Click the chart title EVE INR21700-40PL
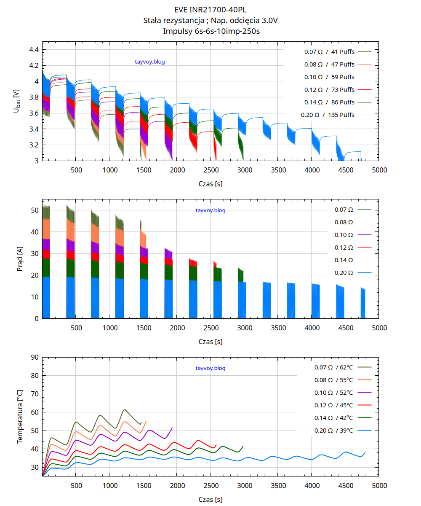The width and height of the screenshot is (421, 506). (210, 9)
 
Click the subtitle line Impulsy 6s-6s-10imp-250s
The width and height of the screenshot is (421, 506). (210, 31)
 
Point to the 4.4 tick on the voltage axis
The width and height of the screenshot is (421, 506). (34, 50)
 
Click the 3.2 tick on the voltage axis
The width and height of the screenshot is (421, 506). (34, 145)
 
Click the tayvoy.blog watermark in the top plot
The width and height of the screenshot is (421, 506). (150, 62)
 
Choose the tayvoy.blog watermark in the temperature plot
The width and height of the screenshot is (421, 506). (210, 368)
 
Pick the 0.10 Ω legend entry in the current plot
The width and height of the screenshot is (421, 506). (344, 235)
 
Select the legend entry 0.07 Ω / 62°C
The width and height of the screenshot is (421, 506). (333, 367)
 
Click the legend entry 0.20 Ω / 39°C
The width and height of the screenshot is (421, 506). (333, 431)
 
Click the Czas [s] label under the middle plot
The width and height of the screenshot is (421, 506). (210, 342)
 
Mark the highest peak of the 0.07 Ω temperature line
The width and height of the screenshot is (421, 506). (124, 409)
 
